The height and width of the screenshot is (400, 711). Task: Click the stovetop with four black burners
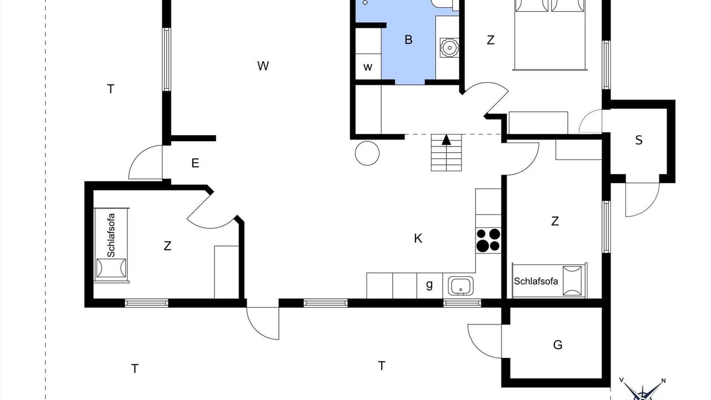[x=488, y=241]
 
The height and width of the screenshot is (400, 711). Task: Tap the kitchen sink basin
[x=460, y=286]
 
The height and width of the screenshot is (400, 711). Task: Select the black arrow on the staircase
[x=446, y=139]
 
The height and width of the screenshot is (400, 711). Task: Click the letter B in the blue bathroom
[x=408, y=39]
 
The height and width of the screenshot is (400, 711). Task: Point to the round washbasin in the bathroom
[x=449, y=48]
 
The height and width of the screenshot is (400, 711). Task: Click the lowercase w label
[x=368, y=67]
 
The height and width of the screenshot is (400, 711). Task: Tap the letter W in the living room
[x=263, y=66]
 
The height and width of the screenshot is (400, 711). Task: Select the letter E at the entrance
[x=195, y=163]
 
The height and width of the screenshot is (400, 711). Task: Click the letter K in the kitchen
[x=418, y=238]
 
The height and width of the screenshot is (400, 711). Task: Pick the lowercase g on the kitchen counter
[x=429, y=285]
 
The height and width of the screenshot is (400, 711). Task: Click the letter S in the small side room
[x=639, y=140]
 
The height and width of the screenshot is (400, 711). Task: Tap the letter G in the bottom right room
[x=558, y=345]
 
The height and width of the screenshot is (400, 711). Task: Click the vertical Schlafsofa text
[x=111, y=235]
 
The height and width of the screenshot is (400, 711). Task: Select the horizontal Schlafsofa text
[x=536, y=281]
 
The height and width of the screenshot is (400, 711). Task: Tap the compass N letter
[x=663, y=381]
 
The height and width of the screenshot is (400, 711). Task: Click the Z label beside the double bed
[x=490, y=40]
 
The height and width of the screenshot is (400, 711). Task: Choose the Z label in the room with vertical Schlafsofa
[x=168, y=246]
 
